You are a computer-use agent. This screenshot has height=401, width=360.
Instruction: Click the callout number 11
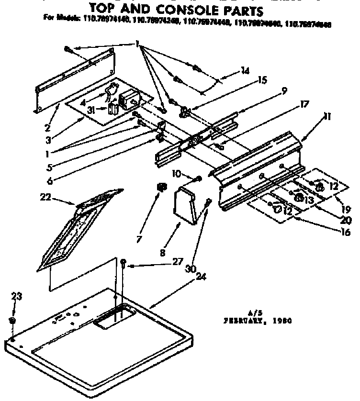(314, 116)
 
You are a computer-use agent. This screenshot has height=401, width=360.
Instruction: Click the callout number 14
(245, 71)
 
